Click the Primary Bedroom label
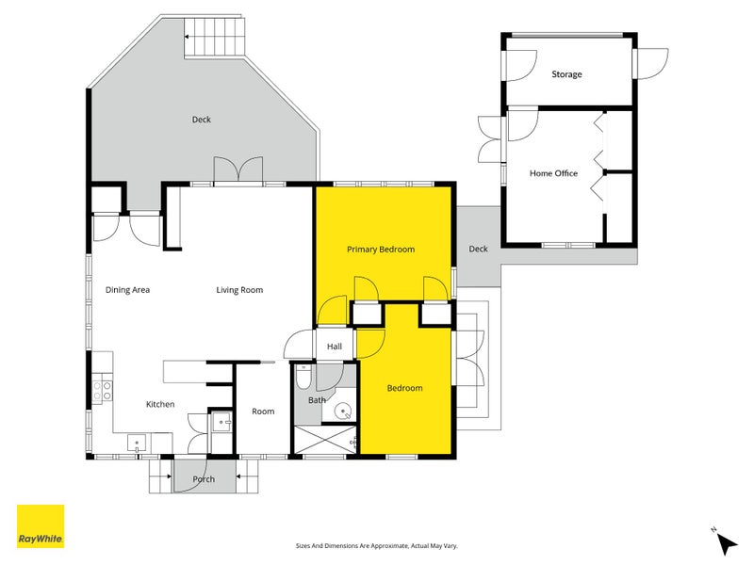point(381,250)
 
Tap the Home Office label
point(553,173)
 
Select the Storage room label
point(566,74)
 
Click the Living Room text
point(239,290)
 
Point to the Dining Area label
point(127,290)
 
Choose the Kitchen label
point(159,404)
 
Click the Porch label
point(204,479)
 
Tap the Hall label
point(335,347)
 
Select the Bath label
point(317,400)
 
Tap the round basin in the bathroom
point(344,411)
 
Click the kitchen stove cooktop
point(103,390)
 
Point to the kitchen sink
point(138,441)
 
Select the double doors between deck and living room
point(237,169)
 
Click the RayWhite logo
point(41,526)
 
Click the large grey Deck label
point(201,120)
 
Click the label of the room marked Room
point(263,412)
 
